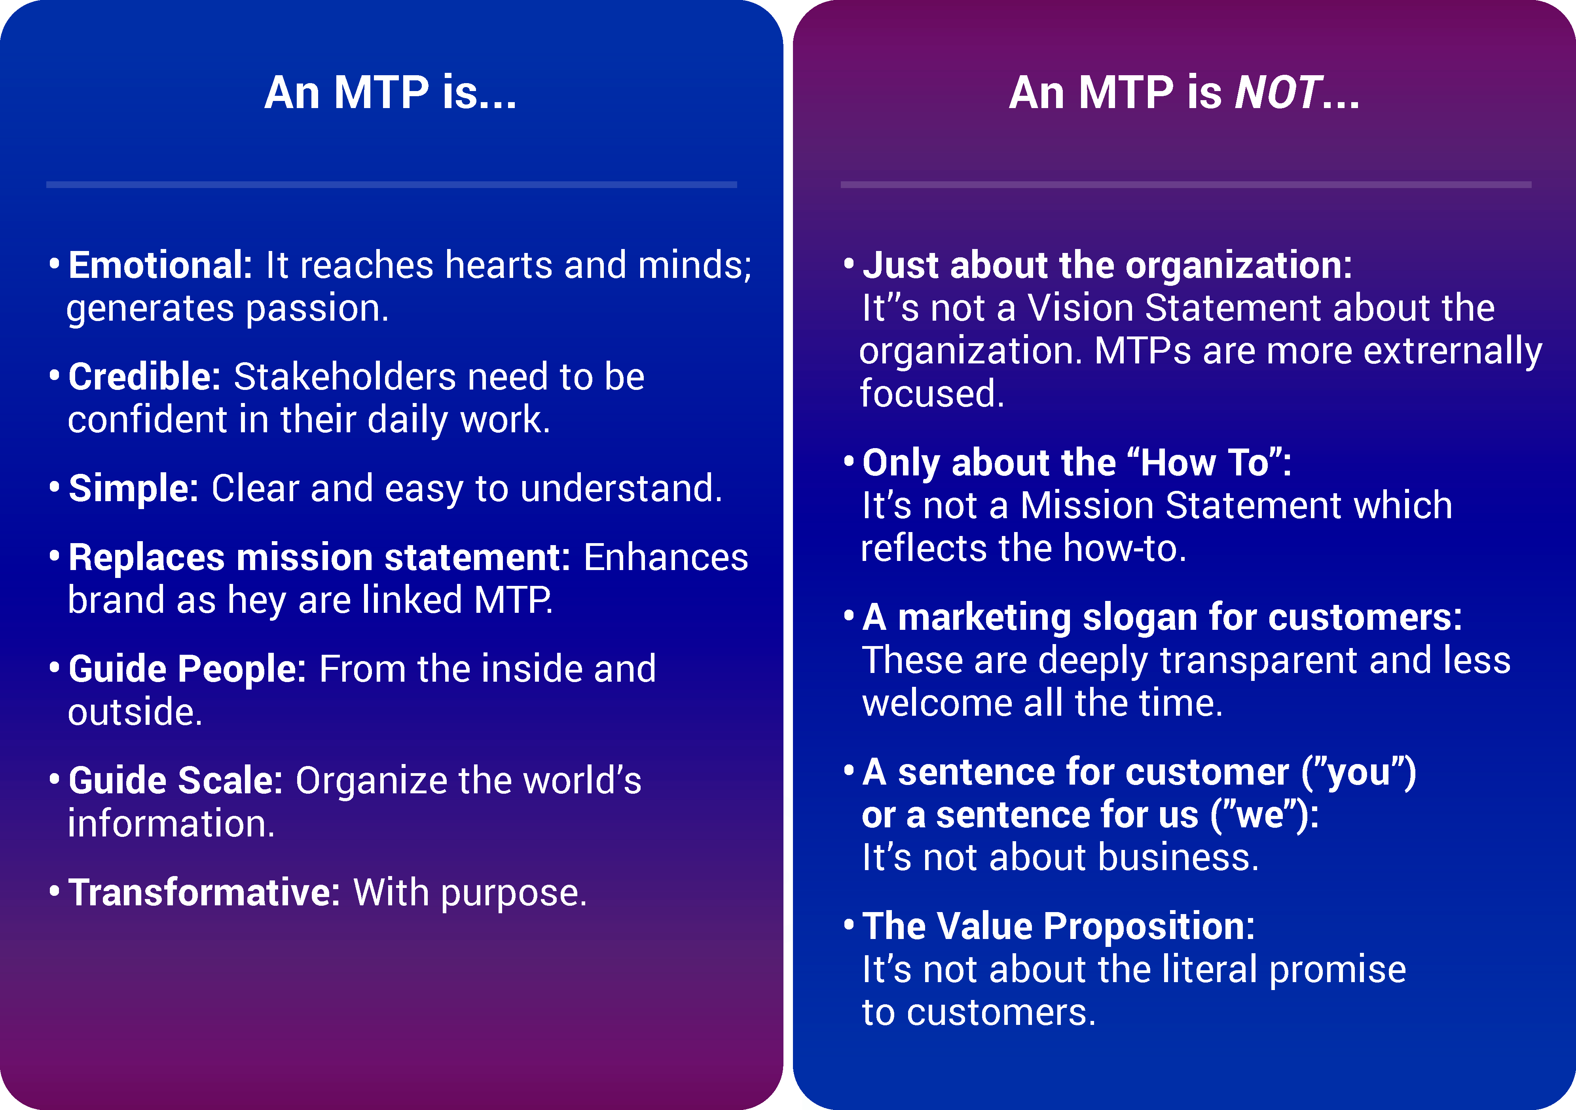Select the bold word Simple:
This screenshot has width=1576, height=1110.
[x=134, y=489]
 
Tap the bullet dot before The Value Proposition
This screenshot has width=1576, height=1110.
[x=849, y=925]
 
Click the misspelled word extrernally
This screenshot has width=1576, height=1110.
[x=1453, y=352]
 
